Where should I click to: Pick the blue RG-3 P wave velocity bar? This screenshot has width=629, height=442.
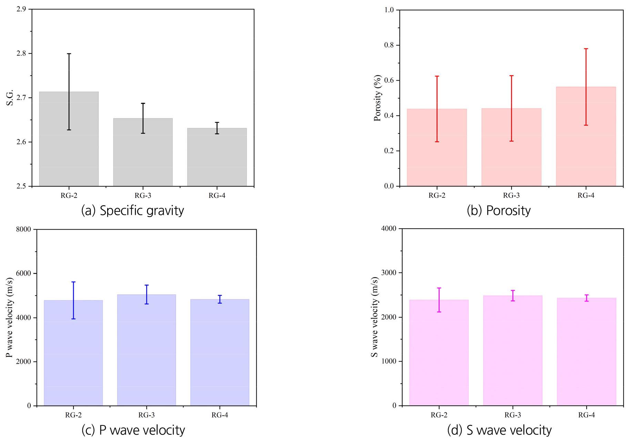tap(146, 351)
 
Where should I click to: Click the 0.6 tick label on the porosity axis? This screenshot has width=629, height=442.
tap(389, 80)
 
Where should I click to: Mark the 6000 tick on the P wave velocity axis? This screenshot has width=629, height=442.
tap(23, 273)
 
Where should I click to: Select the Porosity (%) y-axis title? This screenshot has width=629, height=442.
tap(378, 98)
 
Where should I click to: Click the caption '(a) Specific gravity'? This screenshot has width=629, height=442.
tap(132, 210)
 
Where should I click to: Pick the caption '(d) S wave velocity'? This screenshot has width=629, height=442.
tap(499, 430)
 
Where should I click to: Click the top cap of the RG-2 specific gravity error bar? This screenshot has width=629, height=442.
tap(69, 54)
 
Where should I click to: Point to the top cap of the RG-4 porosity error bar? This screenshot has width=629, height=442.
tap(586, 49)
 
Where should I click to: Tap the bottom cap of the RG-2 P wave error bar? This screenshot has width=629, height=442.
tap(73, 319)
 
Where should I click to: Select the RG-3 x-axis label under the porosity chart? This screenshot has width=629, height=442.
tap(511, 196)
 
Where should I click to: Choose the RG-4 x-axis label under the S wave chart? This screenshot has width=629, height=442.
tap(586, 415)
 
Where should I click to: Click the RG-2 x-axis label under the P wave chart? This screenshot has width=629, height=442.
tap(73, 415)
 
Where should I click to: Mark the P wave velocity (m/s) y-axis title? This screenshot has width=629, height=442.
tap(10, 317)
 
